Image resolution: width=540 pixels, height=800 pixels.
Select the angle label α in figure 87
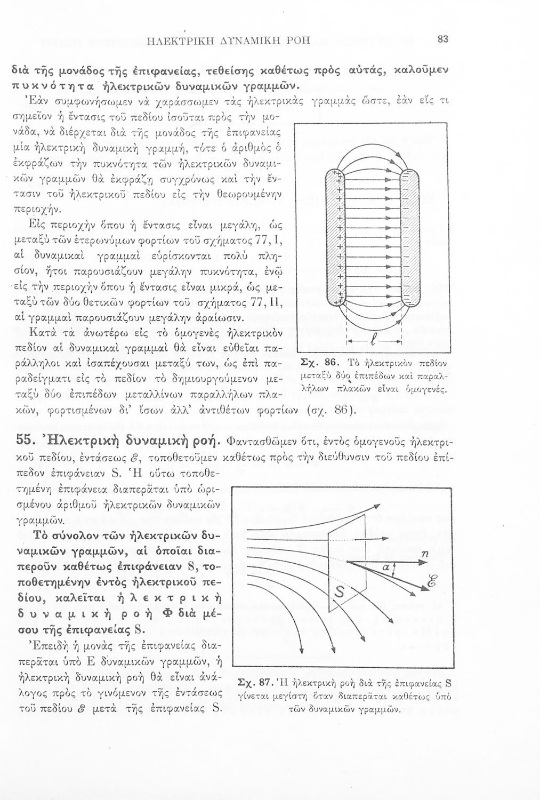pyautogui.click(x=382, y=569)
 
